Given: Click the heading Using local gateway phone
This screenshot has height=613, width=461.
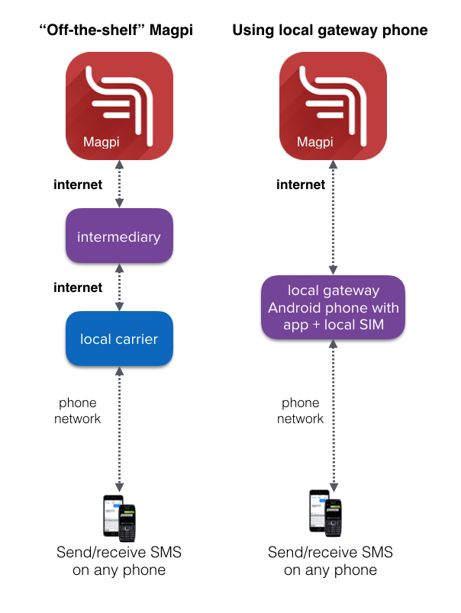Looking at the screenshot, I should pos(329,30).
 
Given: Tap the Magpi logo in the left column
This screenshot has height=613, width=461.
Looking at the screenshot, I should pos(119,106).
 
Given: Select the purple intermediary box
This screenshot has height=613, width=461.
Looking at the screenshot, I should pos(119,236).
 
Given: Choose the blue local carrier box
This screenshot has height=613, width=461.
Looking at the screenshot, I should pos(119,339).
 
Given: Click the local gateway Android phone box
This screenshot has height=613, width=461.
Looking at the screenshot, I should pos(333,308).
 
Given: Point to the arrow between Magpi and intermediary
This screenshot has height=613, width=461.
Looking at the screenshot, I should pos(119,184).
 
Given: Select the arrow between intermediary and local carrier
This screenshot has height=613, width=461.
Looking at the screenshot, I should pos(119,287).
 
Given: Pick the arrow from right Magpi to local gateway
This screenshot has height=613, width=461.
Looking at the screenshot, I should pos(333,217).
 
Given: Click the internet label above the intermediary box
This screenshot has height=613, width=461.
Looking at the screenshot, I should pos(77,185).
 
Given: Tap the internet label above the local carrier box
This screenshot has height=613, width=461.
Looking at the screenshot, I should pos(77,287).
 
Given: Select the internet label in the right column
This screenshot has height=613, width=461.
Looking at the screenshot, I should pos(301,185).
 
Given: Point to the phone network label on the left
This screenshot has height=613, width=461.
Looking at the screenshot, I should pos(79,410).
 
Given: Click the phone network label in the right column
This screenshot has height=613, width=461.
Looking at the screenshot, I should pos(301,410).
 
